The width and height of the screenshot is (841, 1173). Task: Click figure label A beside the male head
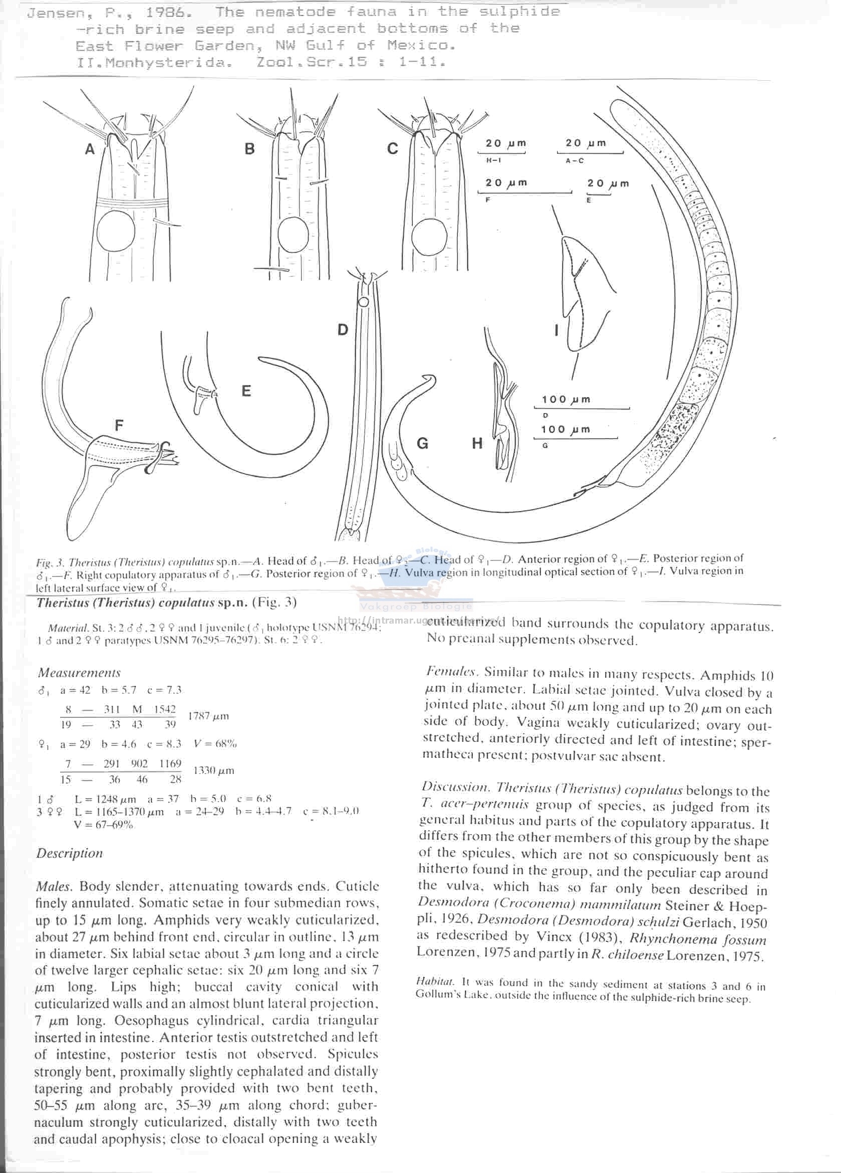coord(90,149)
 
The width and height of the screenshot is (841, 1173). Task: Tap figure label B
coord(249,149)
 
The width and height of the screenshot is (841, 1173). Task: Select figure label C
coord(392,149)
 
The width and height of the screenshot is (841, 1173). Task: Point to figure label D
coord(343,329)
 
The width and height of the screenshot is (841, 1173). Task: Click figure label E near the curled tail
coord(246,390)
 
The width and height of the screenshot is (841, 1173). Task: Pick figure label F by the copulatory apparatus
coord(119,426)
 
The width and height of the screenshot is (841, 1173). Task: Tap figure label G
coord(422,443)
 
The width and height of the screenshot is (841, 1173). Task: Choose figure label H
coord(477,443)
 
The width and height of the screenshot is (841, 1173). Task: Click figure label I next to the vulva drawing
coord(556,330)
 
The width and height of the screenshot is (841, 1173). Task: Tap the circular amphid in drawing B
coord(293,235)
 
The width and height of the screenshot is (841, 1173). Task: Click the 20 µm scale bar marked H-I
coord(505,153)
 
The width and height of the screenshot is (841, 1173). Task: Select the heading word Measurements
coord(79,673)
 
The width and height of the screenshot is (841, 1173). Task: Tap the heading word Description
coord(69,853)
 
